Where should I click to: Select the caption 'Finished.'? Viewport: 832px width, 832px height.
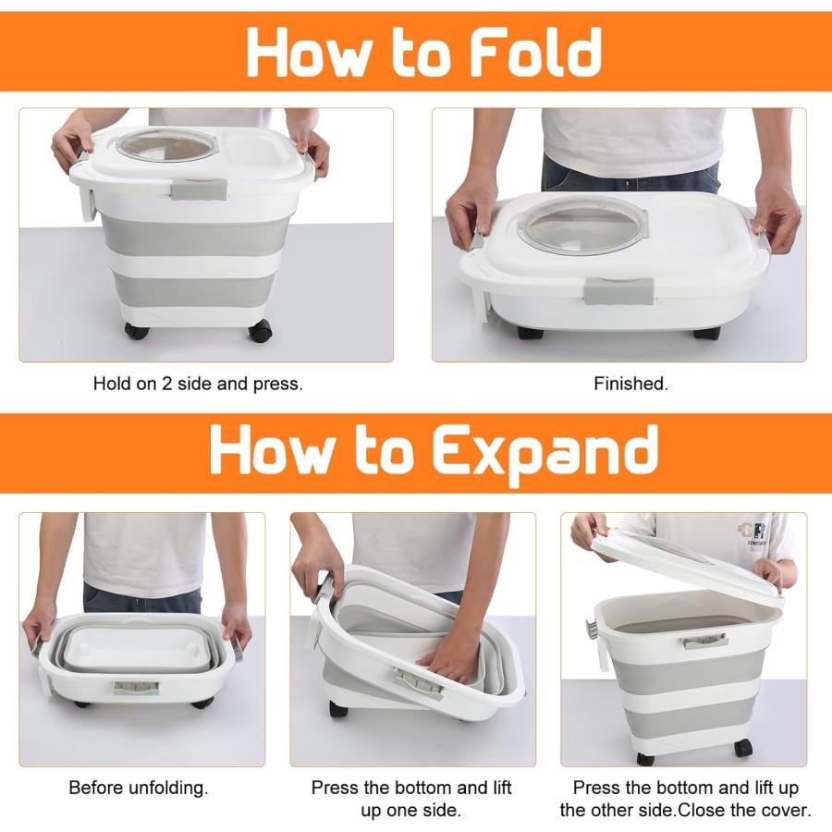pyautogui.click(x=630, y=383)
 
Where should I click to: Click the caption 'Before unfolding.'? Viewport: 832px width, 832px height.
pyautogui.click(x=139, y=788)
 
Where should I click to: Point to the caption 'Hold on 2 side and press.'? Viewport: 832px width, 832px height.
pyautogui.click(x=198, y=383)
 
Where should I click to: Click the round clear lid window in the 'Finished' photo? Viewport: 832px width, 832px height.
pyautogui.click(x=582, y=226)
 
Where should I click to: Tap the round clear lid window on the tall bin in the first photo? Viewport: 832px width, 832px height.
pyautogui.click(x=166, y=145)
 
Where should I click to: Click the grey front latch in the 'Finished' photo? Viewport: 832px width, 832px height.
pyautogui.click(x=618, y=291)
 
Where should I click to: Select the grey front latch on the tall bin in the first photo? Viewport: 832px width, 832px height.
pyautogui.click(x=199, y=190)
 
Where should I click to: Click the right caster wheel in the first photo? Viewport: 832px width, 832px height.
pyautogui.click(x=260, y=331)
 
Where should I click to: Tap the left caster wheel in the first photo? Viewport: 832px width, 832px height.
pyautogui.click(x=137, y=331)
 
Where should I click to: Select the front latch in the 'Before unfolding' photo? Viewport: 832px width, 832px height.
pyautogui.click(x=136, y=688)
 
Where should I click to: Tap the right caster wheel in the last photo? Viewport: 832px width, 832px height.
pyautogui.click(x=743, y=747)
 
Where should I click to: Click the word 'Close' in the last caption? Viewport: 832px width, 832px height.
pyautogui.click(x=700, y=810)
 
